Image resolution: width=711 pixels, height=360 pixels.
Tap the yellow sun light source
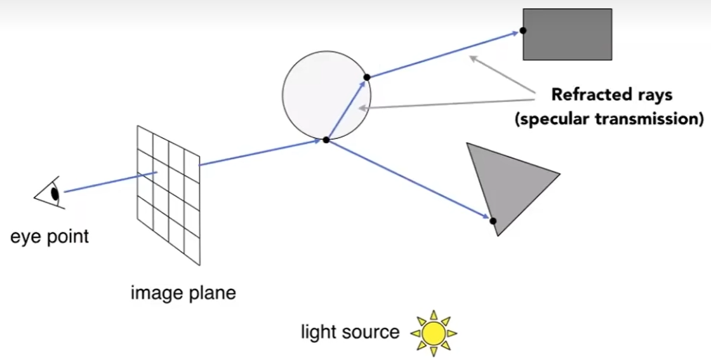[x=434, y=333]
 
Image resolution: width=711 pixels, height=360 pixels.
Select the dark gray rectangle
[x=568, y=34]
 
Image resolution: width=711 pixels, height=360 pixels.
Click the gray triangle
[x=508, y=181]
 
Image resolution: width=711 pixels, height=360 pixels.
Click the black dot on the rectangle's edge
[x=522, y=30]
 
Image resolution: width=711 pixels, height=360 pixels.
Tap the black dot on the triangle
[x=493, y=221]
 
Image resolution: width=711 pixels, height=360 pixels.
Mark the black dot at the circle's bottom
[x=326, y=140]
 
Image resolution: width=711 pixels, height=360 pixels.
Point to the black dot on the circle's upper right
[x=366, y=77]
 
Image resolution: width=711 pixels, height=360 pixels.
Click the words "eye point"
[x=50, y=237]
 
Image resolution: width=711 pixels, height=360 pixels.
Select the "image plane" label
[x=183, y=293]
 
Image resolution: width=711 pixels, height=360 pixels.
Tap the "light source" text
[x=350, y=332]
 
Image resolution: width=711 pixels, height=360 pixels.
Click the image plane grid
[x=169, y=194]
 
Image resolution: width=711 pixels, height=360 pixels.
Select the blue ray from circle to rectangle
[x=444, y=54]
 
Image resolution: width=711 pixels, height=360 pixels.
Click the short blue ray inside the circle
[x=346, y=109]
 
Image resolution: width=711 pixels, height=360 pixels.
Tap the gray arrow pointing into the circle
[x=444, y=103]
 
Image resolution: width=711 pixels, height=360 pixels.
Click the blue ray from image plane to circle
[x=260, y=152]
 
